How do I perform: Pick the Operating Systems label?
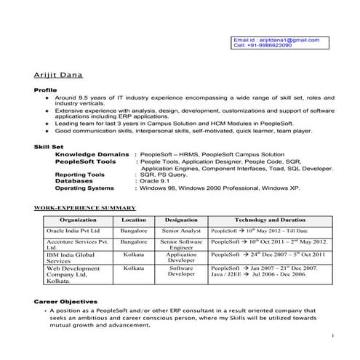click(89, 188)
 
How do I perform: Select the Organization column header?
click(78, 219)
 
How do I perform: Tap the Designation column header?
click(181, 219)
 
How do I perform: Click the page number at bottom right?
click(332, 335)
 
